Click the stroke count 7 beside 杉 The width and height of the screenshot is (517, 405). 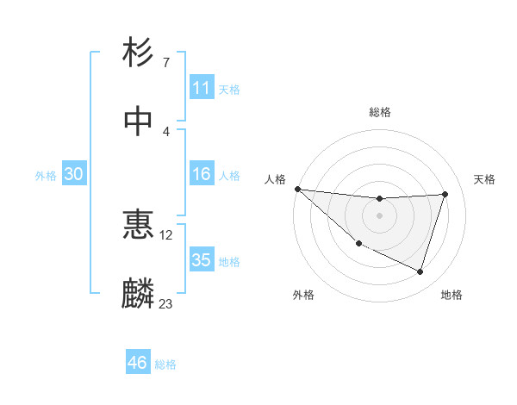tap(166, 63)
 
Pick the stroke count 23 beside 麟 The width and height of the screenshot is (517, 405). tap(166, 303)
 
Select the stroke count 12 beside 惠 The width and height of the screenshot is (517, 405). tap(166, 234)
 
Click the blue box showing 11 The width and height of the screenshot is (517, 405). tap(202, 88)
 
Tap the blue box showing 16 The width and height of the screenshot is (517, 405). tap(202, 174)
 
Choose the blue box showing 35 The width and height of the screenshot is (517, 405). tap(202, 260)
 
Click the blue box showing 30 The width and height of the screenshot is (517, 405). tap(74, 174)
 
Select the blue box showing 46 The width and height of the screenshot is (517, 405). tap(138, 363)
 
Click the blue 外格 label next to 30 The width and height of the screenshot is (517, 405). tap(46, 175)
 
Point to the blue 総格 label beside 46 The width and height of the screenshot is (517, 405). tap(165, 364)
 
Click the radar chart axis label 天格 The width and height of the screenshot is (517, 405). tap(484, 178)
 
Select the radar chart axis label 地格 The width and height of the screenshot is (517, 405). tap(452, 295)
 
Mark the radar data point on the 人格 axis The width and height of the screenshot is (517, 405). tap(297, 189)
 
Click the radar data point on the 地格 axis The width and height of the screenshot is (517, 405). tap(420, 272)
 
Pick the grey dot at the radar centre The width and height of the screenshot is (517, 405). tap(379, 215)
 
